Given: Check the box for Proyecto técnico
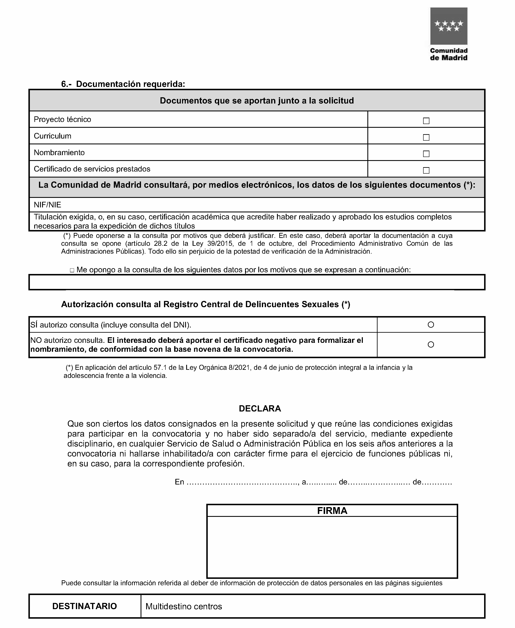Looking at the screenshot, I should click(x=426, y=121).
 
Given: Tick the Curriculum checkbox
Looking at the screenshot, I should click(x=426, y=138).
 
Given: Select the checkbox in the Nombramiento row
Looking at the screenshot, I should click(x=426, y=154).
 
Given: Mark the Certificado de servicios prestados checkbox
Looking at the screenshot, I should click(x=426, y=170).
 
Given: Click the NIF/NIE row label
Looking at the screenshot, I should click(x=47, y=204).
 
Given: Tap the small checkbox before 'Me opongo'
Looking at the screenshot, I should click(x=72, y=270).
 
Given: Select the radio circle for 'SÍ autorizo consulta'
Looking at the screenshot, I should click(x=431, y=325).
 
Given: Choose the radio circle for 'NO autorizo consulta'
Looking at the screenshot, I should click(x=431, y=344).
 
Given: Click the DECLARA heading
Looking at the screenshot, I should click(x=260, y=409).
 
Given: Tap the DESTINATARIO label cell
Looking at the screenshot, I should click(x=85, y=606).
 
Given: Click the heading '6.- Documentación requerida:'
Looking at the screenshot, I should click(x=123, y=84).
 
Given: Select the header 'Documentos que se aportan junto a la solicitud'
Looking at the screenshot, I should click(x=257, y=101).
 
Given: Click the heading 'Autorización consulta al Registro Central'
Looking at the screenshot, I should click(x=206, y=304).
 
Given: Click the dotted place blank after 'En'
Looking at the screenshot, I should click(x=242, y=482).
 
